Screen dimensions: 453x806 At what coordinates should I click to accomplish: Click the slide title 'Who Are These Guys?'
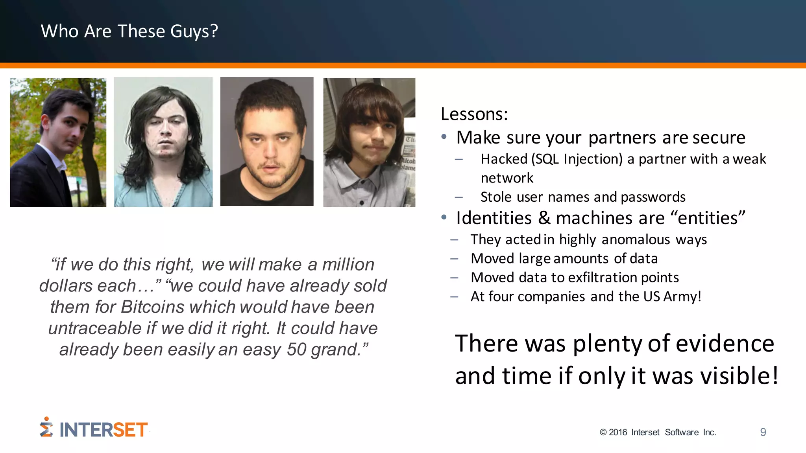point(129,31)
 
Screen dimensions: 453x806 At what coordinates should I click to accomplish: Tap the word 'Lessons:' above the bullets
point(474,114)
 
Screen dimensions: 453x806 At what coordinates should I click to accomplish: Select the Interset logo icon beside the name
point(46,427)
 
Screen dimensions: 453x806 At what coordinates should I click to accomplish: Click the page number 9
point(763,432)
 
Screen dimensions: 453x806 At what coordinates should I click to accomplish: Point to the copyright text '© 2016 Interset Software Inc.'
point(658,433)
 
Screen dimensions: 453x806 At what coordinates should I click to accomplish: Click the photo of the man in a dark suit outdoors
point(58,142)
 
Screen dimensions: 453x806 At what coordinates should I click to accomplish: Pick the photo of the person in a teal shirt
point(163,142)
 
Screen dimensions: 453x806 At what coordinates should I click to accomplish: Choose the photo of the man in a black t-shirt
point(267,142)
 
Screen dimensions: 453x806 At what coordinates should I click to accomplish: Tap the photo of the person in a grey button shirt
point(369,142)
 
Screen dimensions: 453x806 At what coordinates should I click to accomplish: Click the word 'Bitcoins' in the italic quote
point(152,307)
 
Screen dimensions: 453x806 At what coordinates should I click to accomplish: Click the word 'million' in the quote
point(348,265)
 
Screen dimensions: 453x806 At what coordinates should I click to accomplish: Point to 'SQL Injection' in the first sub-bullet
point(577,159)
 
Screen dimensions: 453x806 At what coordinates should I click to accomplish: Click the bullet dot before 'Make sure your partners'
point(444,137)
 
